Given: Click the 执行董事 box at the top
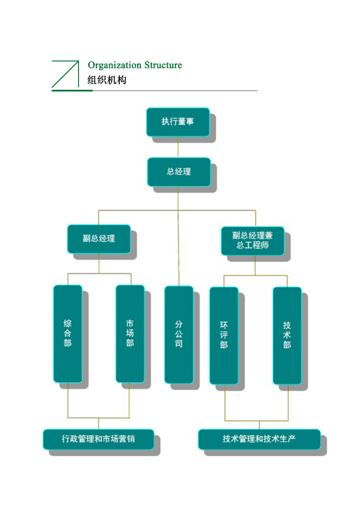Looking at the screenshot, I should [x=177, y=122].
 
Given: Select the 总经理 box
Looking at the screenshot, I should [x=178, y=172].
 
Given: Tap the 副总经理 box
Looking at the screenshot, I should [x=99, y=239].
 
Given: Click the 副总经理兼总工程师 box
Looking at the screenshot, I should [x=252, y=241].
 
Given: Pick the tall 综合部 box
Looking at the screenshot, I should [x=68, y=334].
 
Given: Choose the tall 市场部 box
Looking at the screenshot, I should [x=130, y=334].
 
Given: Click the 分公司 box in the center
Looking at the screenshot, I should [x=178, y=334].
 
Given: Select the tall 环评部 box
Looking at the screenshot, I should [x=224, y=336].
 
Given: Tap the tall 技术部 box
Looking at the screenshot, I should [x=287, y=336].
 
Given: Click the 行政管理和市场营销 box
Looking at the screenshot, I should [x=98, y=439].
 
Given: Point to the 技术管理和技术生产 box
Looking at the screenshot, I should [x=259, y=439].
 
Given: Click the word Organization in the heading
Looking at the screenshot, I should [x=115, y=65].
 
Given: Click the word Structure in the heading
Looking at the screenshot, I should [x=163, y=65].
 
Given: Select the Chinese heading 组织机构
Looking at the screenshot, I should [x=107, y=80].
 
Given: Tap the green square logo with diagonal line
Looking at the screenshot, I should [x=65, y=74].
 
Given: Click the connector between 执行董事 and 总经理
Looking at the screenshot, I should [x=178, y=147].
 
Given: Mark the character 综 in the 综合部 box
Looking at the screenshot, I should [x=68, y=324].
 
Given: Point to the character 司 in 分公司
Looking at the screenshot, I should [x=178, y=344].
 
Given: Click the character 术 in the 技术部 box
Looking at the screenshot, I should [x=287, y=335].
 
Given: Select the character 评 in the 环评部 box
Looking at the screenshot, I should [x=224, y=335].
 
